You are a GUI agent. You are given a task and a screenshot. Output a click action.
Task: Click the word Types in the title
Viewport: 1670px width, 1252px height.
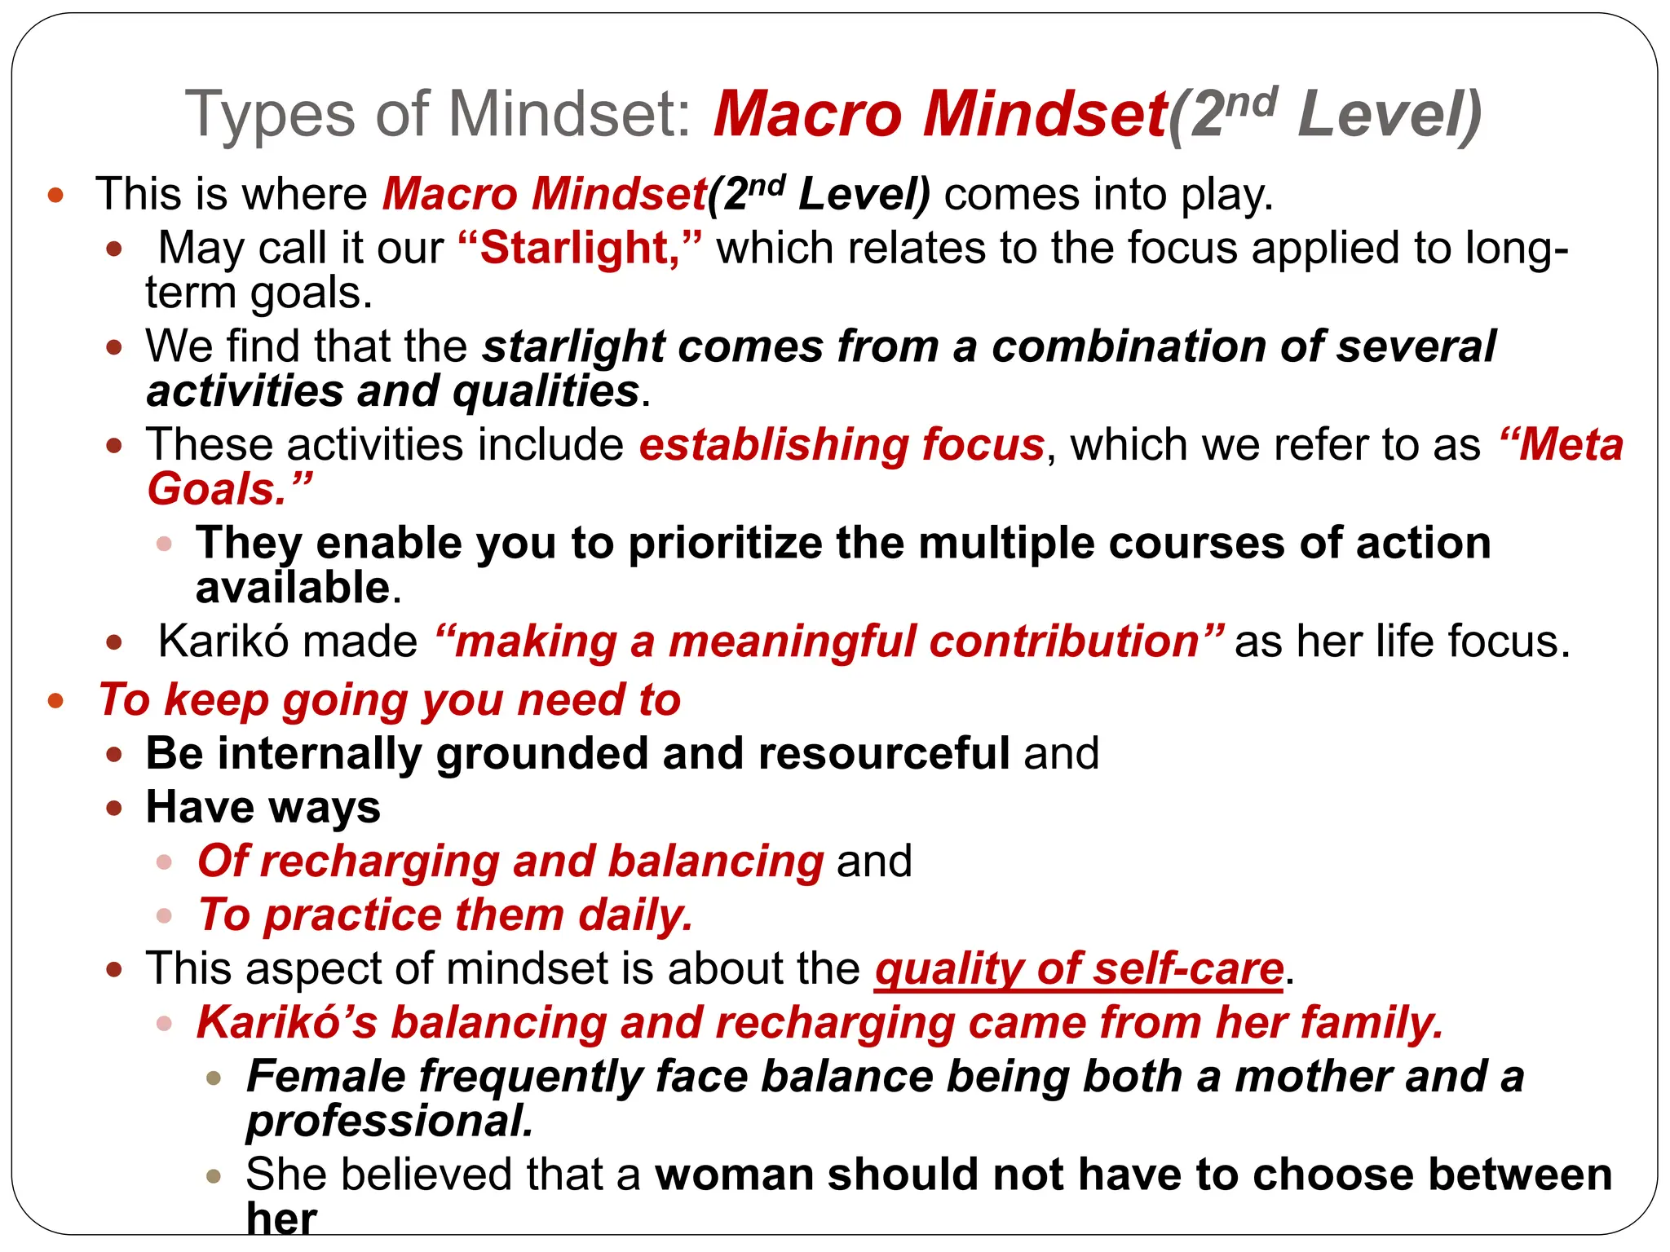tap(269, 114)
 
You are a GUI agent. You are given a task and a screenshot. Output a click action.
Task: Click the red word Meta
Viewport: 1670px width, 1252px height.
tap(1570, 445)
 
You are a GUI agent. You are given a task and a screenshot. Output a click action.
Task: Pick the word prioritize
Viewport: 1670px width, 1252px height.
tap(725, 544)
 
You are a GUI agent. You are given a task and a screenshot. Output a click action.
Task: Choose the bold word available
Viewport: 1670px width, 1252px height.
tap(293, 588)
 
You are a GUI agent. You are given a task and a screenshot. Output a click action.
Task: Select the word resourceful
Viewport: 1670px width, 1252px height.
tap(884, 753)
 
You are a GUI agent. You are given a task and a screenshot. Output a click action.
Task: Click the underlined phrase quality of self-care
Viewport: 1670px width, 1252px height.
tap(1079, 969)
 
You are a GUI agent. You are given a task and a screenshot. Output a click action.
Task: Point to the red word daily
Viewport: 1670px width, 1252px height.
tap(635, 915)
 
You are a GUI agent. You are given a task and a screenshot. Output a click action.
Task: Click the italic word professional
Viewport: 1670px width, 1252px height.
tap(390, 1122)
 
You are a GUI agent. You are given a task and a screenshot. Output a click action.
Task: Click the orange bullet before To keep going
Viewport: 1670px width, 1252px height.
tap(55, 701)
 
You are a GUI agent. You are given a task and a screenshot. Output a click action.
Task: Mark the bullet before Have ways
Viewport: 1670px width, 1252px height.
tap(114, 809)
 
